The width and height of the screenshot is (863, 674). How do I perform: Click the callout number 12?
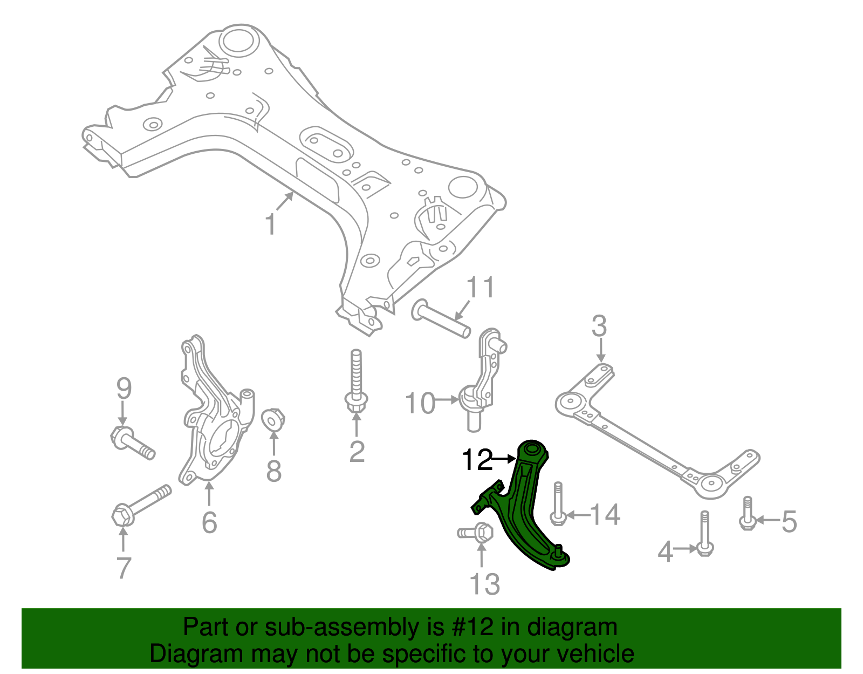click(x=477, y=460)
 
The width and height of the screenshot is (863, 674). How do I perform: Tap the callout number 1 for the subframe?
click(x=271, y=224)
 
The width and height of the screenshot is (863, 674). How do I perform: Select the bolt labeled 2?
click(x=355, y=386)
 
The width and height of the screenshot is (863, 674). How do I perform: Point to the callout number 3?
click(x=599, y=327)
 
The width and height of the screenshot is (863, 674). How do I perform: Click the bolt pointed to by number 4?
click(x=705, y=534)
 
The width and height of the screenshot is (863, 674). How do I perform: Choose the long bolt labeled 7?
click(x=140, y=504)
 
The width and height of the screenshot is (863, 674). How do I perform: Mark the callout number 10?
click(x=420, y=403)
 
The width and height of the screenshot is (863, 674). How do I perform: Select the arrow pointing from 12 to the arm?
click(x=505, y=459)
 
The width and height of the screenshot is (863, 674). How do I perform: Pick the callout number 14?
click(x=606, y=515)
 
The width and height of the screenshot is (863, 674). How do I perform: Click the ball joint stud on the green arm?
click(x=559, y=551)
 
